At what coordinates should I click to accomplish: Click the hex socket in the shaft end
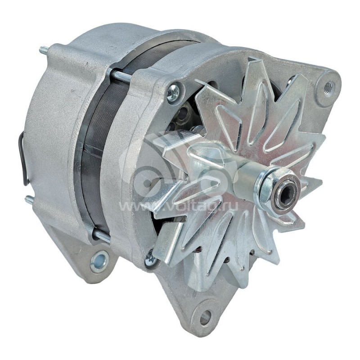click(287, 195)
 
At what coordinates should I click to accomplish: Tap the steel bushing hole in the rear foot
click(99, 261)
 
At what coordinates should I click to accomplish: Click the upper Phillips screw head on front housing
click(173, 93)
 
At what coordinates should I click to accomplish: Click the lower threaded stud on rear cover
click(29, 200)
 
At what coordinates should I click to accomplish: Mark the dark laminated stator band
click(97, 148)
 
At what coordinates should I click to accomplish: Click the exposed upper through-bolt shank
click(122, 76)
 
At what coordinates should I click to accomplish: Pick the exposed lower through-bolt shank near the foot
click(101, 235)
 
